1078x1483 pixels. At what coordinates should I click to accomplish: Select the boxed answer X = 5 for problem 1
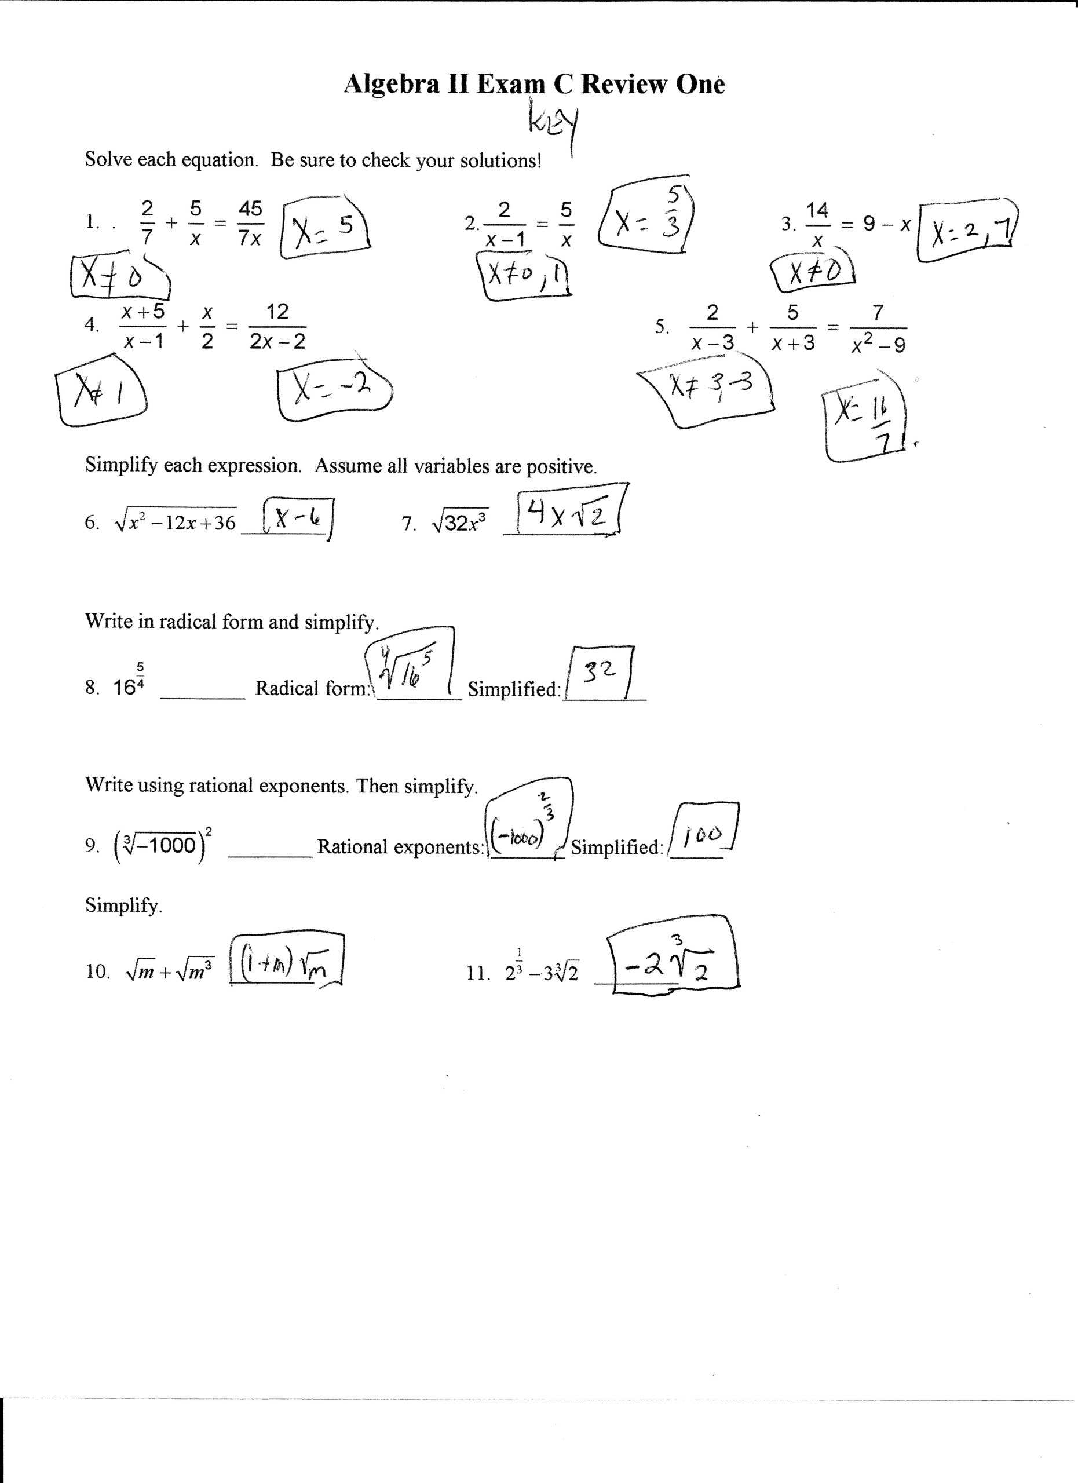(x=325, y=227)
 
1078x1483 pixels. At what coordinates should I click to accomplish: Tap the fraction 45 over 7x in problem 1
(x=250, y=224)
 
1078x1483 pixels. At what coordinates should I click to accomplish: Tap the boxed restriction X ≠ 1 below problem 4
(x=101, y=391)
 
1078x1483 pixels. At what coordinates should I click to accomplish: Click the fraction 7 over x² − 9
(x=878, y=328)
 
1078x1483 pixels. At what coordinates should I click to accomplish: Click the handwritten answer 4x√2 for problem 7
(x=568, y=517)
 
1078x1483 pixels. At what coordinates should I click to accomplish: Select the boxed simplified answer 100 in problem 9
(x=703, y=833)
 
